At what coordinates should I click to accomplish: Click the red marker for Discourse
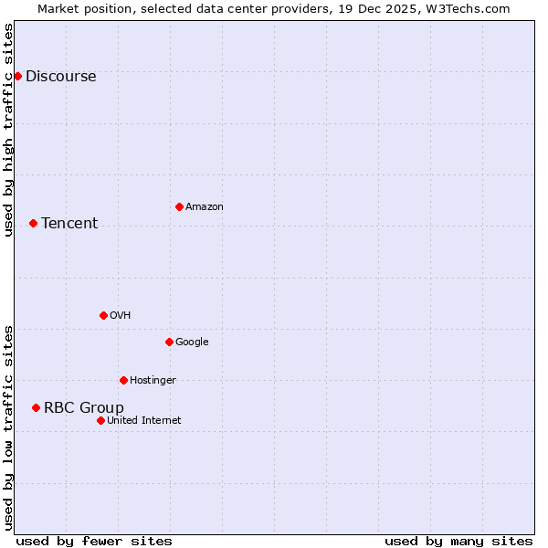[x=17, y=76]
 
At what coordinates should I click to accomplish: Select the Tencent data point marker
[x=33, y=223]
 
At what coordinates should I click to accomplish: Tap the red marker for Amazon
[x=179, y=206]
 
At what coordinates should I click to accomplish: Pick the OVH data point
[x=103, y=315]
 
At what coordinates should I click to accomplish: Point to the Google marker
[x=169, y=342]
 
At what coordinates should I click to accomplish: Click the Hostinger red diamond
[x=123, y=380]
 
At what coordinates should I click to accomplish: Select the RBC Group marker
[x=36, y=407]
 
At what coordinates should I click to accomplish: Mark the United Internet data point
[x=100, y=420]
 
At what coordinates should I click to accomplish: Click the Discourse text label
[x=60, y=77]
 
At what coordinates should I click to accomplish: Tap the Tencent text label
[x=69, y=224]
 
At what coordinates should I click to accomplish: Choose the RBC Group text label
[x=84, y=408]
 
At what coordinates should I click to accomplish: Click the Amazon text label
[x=205, y=207]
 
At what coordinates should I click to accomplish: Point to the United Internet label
[x=144, y=421]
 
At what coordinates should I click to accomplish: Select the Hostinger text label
[x=153, y=381]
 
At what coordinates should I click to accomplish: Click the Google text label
[x=192, y=342]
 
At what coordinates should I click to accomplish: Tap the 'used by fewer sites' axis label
[x=94, y=541]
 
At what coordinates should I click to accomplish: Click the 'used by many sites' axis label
[x=458, y=541]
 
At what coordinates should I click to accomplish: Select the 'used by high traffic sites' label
[x=9, y=130]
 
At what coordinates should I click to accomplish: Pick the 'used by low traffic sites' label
[x=9, y=427]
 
